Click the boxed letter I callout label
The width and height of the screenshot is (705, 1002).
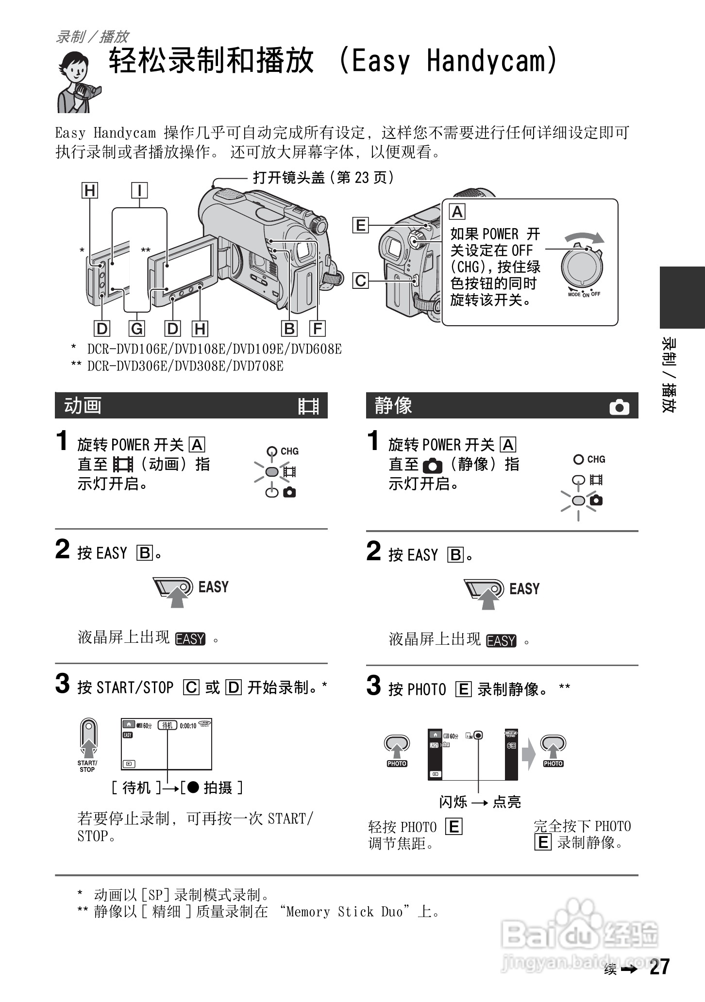(x=139, y=190)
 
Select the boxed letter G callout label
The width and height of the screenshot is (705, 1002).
(x=137, y=329)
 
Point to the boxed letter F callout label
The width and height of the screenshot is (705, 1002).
(x=318, y=329)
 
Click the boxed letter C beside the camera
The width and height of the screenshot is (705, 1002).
(x=360, y=281)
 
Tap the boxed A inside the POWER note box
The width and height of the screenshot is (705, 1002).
(x=457, y=212)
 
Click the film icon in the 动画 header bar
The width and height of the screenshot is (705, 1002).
(x=308, y=406)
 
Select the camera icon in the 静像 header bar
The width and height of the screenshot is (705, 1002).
(x=619, y=407)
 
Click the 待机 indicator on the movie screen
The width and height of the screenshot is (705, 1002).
(x=168, y=725)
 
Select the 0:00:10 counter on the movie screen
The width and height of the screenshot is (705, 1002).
(x=188, y=726)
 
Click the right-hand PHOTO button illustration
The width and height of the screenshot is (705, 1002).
(x=553, y=748)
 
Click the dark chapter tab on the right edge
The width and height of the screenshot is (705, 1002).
(x=682, y=297)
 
